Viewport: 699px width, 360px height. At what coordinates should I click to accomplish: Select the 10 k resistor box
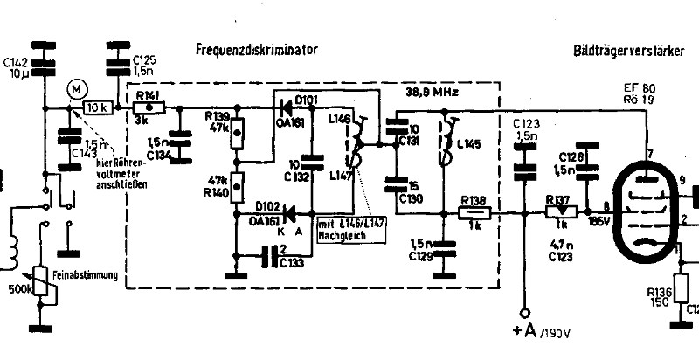96,107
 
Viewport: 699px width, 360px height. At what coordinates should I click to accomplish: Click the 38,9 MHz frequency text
433,90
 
